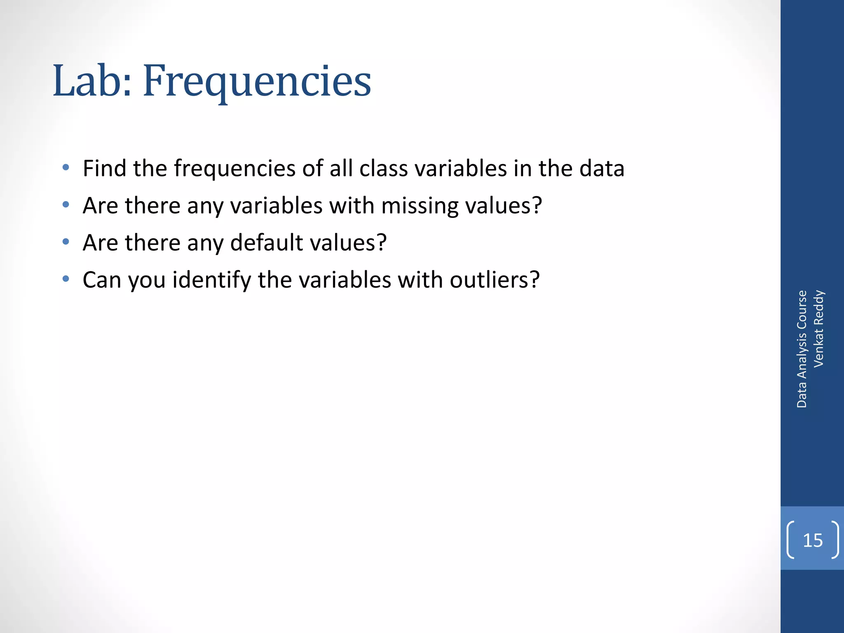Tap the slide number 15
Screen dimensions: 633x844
(x=813, y=540)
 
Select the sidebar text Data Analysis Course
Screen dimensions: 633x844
(x=802, y=349)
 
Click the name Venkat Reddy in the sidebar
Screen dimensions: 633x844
(x=818, y=328)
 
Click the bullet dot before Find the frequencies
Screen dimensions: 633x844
(x=66, y=167)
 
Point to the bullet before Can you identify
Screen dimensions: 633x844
(x=66, y=279)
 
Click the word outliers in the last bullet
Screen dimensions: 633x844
(x=494, y=280)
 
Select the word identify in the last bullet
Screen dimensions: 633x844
(x=211, y=280)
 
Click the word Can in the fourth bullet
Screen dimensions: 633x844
(x=102, y=280)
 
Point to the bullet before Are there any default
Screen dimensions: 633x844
(x=66, y=241)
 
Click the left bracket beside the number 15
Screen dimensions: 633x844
(x=790, y=540)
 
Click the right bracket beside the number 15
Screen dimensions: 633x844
(x=835, y=540)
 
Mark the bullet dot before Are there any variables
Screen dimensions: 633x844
(x=66, y=204)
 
